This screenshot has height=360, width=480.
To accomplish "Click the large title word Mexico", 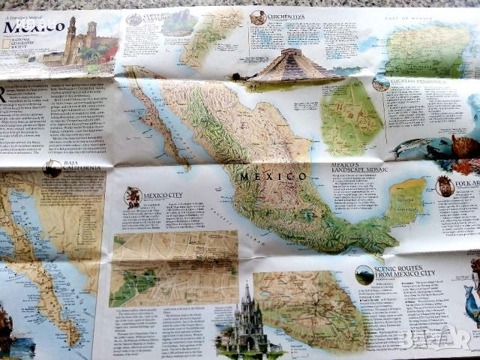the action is coord(34,27).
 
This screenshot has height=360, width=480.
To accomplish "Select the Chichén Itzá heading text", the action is coord(286,15).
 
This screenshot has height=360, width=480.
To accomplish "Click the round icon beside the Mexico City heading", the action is coord(133,197).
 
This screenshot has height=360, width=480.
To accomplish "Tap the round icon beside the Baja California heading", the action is coord(52,169).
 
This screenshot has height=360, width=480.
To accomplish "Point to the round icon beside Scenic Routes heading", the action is coord(364,274).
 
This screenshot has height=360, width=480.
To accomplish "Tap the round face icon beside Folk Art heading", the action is coord(445,187).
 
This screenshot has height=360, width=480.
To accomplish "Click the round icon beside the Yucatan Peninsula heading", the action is coord(381,83).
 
